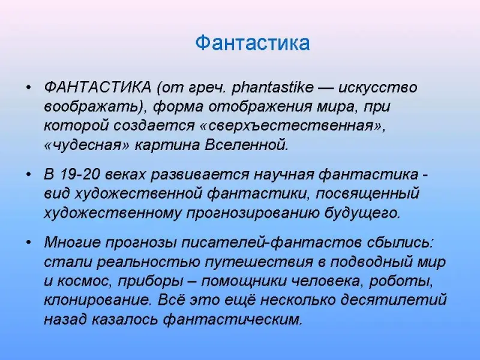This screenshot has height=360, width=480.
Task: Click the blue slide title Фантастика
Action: click(253, 43)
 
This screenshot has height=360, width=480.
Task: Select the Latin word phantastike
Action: click(272, 88)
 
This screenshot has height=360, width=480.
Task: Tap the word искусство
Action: click(378, 88)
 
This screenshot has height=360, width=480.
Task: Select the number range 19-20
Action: click(80, 175)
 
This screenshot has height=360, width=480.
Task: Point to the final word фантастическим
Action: click(232, 320)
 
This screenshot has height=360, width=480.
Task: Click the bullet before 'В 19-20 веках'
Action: click(29, 175)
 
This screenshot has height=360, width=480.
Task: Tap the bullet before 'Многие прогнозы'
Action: click(29, 243)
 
